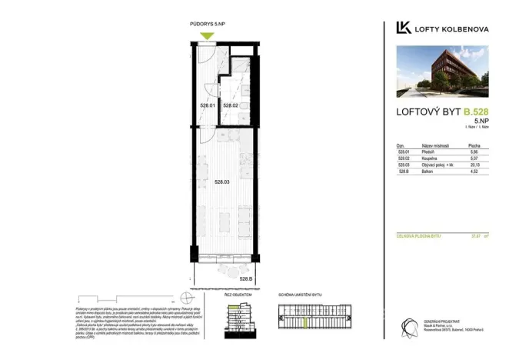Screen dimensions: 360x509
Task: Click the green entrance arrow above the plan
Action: click(x=206, y=35)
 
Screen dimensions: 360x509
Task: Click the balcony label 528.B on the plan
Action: click(x=246, y=278)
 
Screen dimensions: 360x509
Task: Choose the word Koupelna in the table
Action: click(x=429, y=158)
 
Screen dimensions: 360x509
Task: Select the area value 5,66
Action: click(x=475, y=152)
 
